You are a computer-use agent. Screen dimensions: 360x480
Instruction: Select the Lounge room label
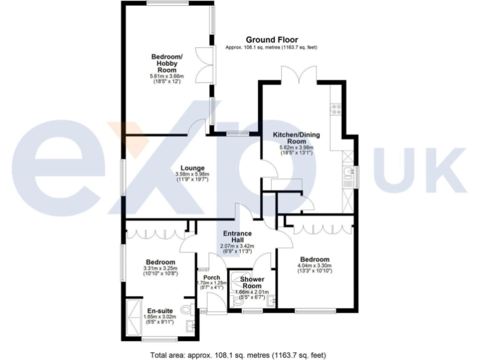pyautogui.click(x=191, y=167)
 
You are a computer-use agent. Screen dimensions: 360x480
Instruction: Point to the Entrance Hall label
pyautogui.click(x=237, y=237)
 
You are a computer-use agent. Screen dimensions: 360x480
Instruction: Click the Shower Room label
pyautogui.click(x=252, y=282)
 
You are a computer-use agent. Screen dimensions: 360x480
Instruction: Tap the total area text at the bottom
pyautogui.click(x=238, y=354)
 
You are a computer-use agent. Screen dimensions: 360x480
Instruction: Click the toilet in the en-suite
pyautogui.click(x=186, y=309)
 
